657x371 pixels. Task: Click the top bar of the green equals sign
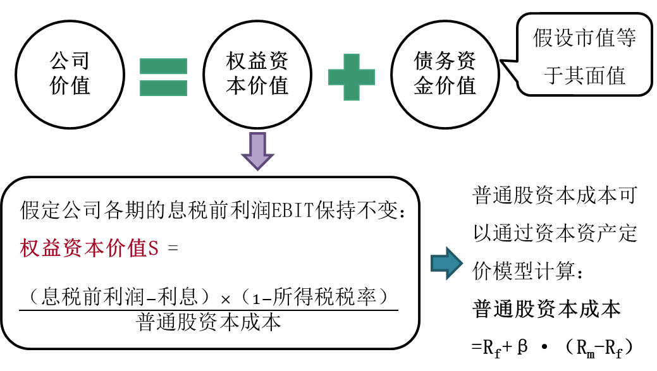tap(163, 66)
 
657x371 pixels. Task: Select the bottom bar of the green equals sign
tap(163, 88)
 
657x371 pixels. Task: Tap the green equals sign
tap(163, 77)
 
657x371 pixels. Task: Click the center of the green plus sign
tap(352, 77)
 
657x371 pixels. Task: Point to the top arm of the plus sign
tap(352, 61)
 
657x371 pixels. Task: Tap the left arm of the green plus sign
tap(335, 77)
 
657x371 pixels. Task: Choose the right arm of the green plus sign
tap(368, 77)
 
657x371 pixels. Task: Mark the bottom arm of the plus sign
tap(352, 94)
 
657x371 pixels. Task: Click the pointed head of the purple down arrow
tap(257, 161)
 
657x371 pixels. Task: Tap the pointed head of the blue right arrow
tap(455, 263)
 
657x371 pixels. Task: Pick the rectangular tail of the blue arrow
tap(439, 263)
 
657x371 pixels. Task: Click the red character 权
tap(30, 248)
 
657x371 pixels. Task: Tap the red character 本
tap(94, 248)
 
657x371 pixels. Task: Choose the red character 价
tap(116, 248)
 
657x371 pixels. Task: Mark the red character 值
tap(137, 248)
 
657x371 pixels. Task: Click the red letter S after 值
tap(154, 248)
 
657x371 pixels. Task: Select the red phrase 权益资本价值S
tap(89, 248)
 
